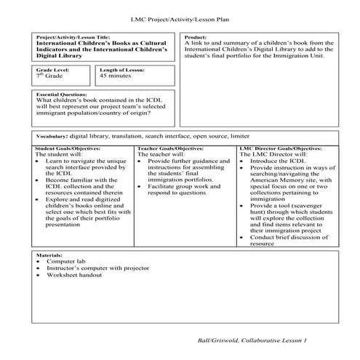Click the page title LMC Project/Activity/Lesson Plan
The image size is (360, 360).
click(x=179, y=17)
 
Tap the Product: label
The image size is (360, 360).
click(x=197, y=37)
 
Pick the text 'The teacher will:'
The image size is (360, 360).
click(x=161, y=154)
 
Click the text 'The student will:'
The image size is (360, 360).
click(x=60, y=154)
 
